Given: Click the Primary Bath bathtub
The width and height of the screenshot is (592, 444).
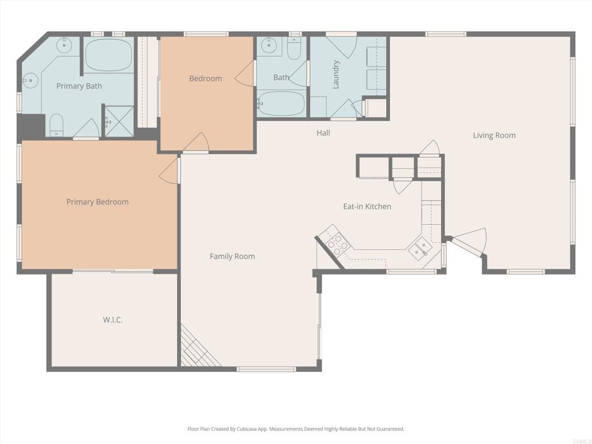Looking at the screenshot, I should (109, 55).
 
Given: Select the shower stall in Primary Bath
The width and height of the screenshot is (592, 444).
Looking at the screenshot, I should (119, 121).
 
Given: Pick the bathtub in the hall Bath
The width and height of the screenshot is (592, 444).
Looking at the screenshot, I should (281, 104).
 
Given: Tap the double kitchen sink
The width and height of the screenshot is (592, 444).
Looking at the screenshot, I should (420, 248).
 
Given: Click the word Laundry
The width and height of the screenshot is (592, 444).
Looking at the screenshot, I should (336, 75).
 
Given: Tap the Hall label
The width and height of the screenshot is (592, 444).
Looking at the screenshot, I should (323, 133).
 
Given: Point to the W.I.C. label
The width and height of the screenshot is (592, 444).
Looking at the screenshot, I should (113, 320).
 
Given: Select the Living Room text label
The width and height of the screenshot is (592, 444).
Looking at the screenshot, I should (494, 135).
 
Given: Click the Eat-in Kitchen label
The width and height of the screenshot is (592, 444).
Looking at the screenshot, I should (367, 206).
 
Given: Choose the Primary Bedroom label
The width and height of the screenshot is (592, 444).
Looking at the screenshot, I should (97, 202).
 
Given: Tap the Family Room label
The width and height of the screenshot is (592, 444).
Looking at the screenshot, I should (232, 256).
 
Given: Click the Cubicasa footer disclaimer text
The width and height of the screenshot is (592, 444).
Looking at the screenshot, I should (295, 429).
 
